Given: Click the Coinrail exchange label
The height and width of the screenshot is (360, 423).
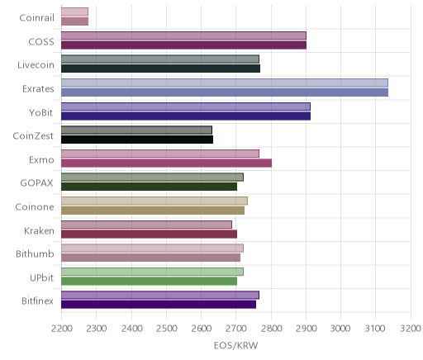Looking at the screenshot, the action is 36,18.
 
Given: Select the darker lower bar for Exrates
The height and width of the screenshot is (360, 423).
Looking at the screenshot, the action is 225,92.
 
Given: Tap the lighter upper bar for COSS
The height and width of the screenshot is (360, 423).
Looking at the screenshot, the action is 183,36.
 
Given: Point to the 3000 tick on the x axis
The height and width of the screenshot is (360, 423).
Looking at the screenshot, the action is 340,329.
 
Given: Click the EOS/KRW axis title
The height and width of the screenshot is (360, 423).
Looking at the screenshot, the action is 235,345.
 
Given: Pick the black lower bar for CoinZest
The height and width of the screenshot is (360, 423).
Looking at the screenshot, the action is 137,140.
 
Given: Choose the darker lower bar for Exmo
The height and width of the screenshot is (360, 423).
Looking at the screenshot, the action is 166,163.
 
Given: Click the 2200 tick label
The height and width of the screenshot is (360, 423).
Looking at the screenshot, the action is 62,329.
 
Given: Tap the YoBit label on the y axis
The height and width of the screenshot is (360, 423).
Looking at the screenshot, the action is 40,113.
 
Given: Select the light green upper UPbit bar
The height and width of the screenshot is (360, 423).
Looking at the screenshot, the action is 152,272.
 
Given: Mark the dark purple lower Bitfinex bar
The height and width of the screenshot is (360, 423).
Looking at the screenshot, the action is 159,305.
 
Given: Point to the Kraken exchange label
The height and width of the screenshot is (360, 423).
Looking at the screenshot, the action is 39,230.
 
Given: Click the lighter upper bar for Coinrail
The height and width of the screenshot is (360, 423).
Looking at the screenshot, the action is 74,12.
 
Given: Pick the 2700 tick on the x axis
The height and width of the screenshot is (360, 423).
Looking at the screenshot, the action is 235,329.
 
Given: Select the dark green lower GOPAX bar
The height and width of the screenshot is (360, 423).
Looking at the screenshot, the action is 149,187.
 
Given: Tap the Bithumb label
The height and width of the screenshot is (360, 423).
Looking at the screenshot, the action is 35,253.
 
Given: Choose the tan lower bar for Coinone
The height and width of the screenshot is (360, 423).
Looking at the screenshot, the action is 153,211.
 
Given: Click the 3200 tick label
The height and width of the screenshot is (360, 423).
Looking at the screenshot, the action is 411,329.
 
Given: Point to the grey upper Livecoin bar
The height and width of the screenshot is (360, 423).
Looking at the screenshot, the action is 160,59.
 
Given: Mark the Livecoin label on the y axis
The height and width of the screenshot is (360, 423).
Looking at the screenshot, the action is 36,65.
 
